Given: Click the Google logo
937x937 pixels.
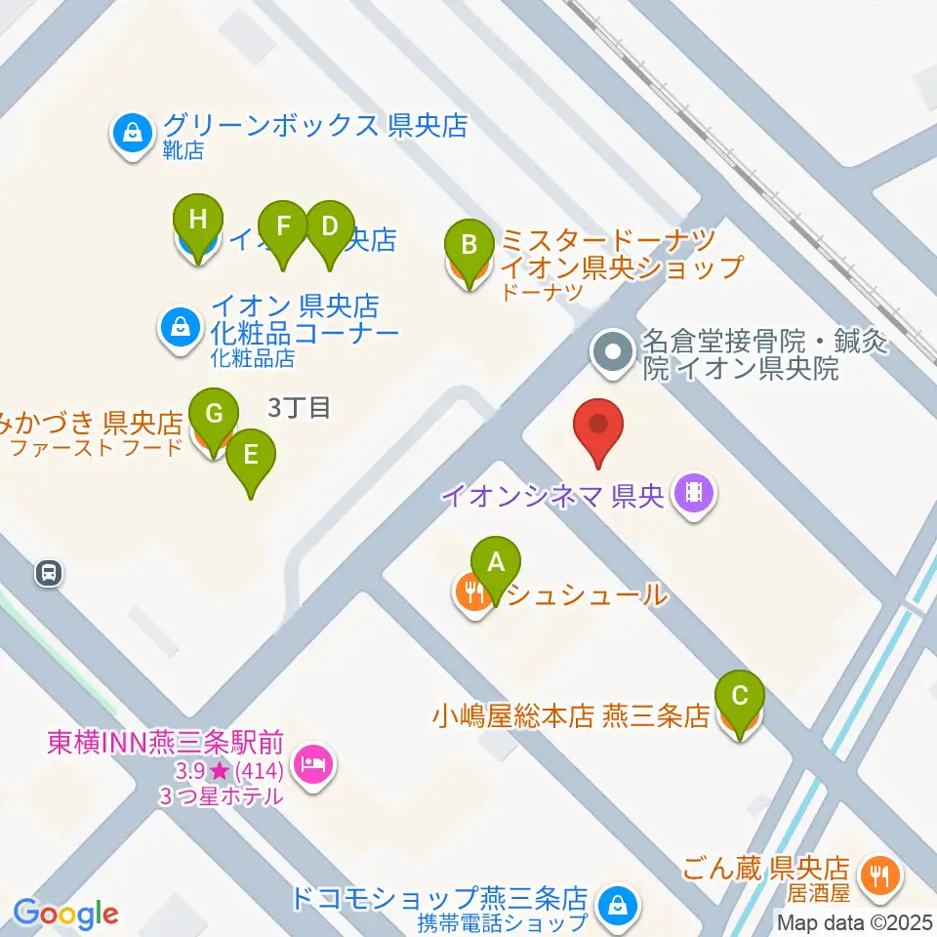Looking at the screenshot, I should tap(66, 914).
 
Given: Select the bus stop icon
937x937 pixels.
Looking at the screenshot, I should tap(48, 574).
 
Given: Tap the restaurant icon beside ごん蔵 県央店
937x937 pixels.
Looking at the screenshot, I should tap(881, 875).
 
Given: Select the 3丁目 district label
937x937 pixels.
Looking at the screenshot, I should tap(299, 407).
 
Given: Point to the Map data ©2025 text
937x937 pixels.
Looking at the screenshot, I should tap(855, 920).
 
